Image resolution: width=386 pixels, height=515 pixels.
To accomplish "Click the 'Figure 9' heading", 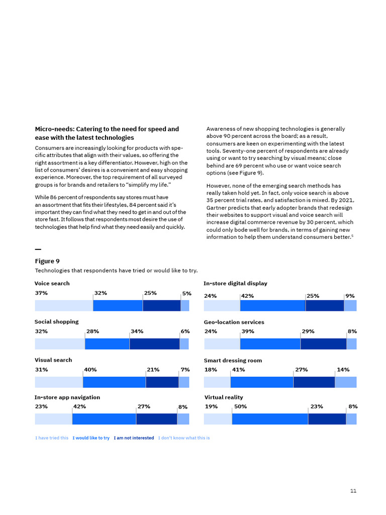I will click(47, 261).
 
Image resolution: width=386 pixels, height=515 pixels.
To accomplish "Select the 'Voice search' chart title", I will click(52, 284).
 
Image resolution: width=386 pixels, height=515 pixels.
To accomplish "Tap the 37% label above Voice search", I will click(41, 293).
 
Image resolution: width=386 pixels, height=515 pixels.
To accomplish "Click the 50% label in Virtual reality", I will click(240, 406).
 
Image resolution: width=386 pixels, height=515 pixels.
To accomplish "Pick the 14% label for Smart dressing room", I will click(343, 370).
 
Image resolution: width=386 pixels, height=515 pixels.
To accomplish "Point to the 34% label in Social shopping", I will click(137, 331).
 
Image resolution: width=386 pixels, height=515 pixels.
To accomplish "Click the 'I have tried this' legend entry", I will click(52, 438).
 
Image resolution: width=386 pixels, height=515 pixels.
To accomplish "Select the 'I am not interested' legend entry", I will click(134, 438).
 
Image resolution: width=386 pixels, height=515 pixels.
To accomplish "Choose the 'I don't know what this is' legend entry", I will click(184, 438).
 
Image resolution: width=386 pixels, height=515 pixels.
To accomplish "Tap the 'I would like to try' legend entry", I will click(91, 438).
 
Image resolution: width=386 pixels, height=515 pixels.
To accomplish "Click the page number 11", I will click(353, 490).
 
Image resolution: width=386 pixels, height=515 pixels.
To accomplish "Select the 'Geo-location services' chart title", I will click(234, 322).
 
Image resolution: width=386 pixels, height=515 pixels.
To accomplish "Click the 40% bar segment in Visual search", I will click(114, 382).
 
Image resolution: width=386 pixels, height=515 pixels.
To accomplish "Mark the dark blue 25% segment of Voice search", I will click(161, 306).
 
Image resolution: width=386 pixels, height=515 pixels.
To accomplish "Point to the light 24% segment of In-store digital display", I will click(222, 306).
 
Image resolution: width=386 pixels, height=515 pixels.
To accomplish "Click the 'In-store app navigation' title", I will click(67, 397).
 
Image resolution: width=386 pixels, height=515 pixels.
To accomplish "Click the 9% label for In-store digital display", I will click(350, 296).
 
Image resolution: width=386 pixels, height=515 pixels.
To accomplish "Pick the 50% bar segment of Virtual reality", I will click(270, 419).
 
